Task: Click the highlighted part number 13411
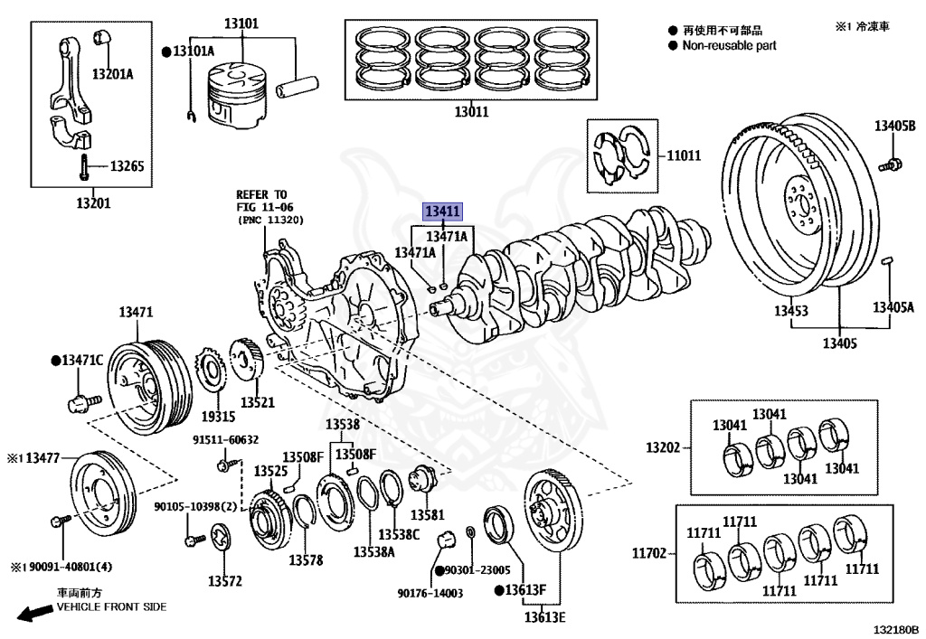tap(444, 211)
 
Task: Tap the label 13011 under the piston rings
tap(471, 112)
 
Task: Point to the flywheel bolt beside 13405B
tap(891, 164)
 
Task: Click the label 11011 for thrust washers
tap(684, 155)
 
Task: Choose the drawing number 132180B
tap(895, 628)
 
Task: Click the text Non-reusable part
tap(729, 45)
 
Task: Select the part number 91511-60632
tap(224, 439)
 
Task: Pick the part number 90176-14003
tap(430, 593)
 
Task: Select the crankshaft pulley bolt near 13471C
tap(78, 398)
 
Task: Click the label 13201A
tap(112, 74)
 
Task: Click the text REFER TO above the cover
tap(261, 194)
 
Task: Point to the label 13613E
tap(543, 617)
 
